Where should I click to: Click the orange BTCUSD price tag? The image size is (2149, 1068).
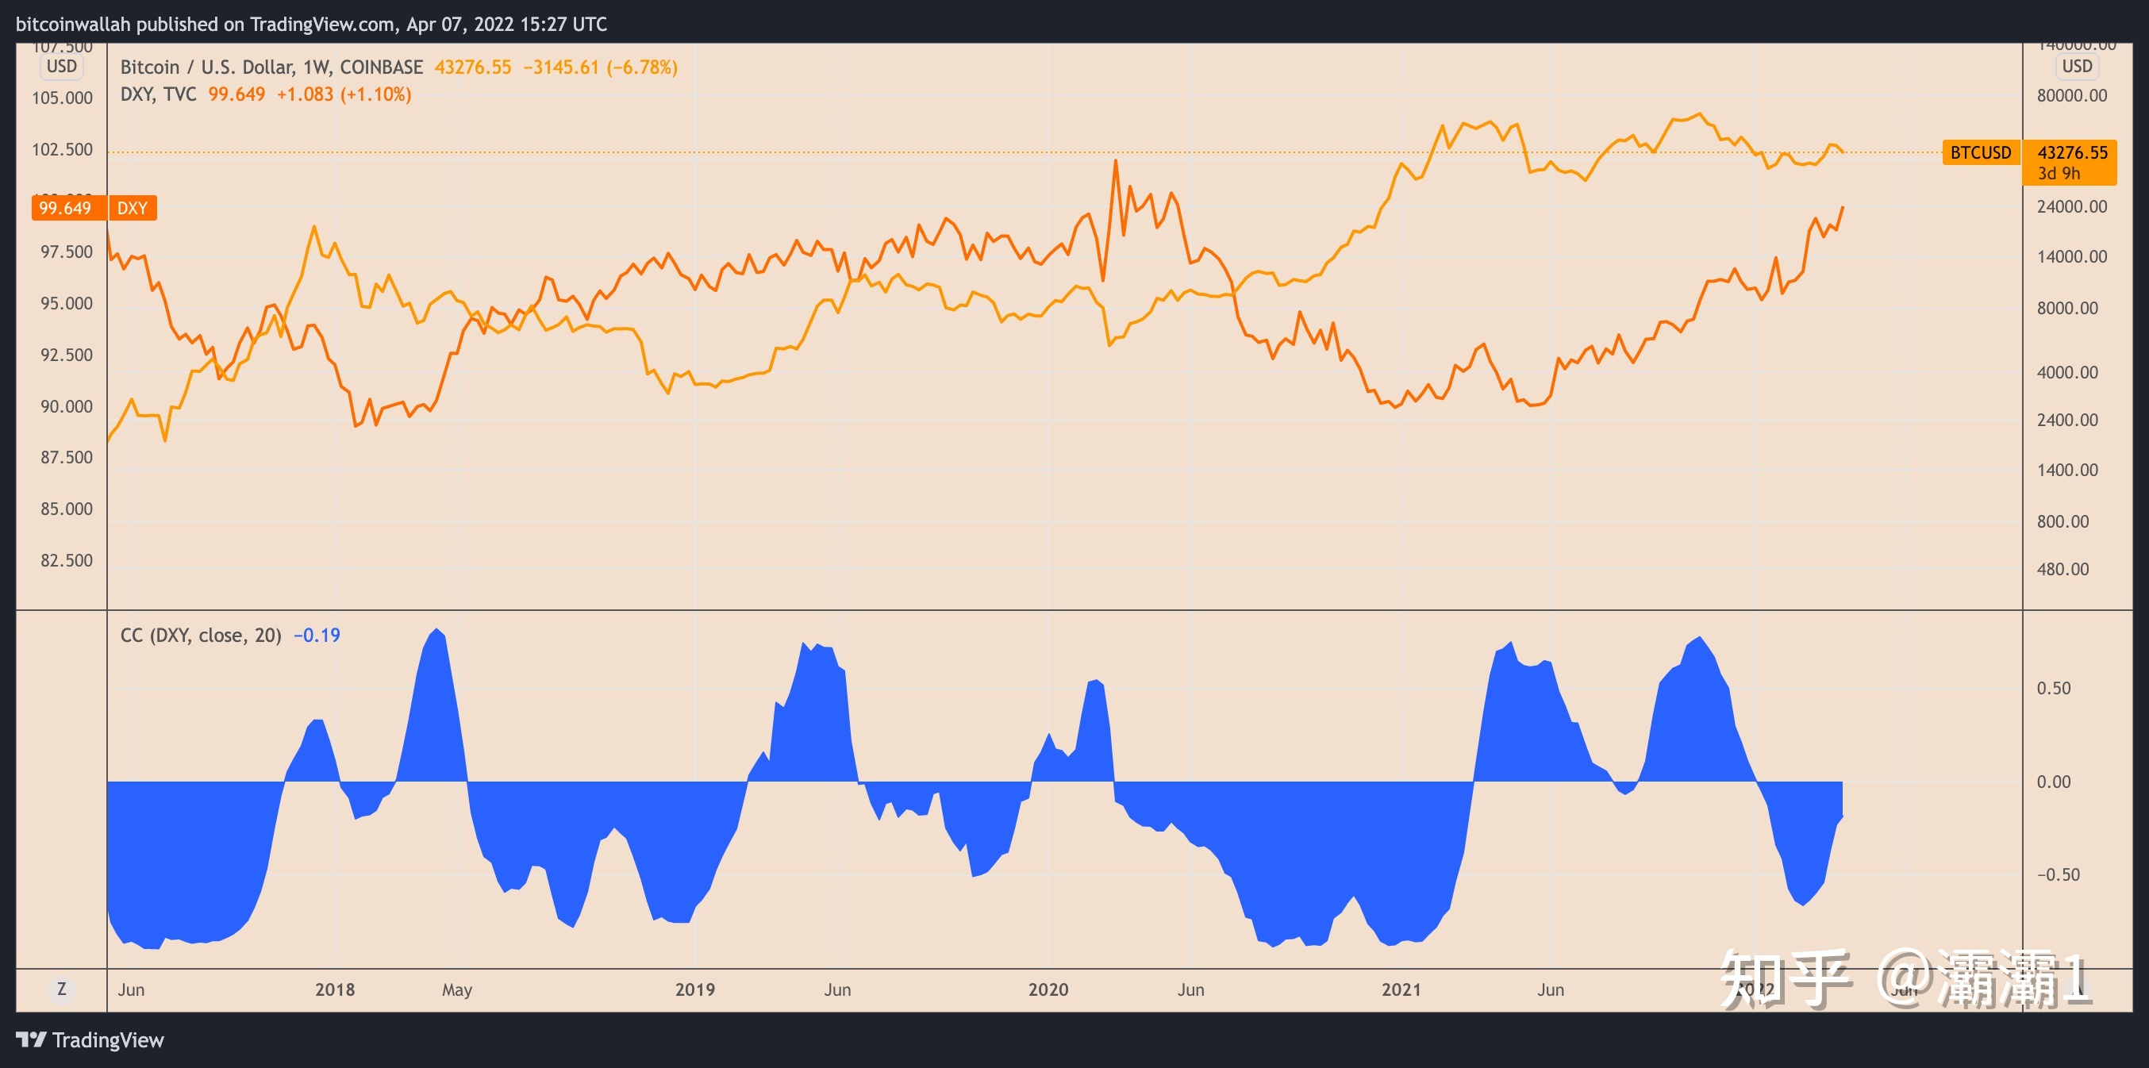point(1981,152)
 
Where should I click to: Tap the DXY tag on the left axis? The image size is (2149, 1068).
point(132,208)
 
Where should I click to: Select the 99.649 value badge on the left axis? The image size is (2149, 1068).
point(65,208)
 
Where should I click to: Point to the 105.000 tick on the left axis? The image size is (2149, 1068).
point(62,98)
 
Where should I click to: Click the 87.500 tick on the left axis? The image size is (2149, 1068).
point(67,457)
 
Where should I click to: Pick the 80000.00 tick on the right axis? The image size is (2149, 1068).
point(2071,96)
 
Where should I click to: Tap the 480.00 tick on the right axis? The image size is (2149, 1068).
point(2063,569)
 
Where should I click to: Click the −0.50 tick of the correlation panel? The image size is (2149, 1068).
point(2058,874)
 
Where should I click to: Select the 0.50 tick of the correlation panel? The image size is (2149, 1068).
point(2053,689)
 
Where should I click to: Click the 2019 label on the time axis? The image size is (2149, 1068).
point(694,989)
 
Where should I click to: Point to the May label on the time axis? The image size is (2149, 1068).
point(456,989)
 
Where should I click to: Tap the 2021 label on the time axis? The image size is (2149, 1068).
point(1401,989)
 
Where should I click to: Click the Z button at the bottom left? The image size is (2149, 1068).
point(61,989)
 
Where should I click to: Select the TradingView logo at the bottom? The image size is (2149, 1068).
point(90,1039)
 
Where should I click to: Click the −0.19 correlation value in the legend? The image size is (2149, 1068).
point(316,636)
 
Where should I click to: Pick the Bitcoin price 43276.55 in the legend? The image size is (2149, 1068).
point(472,67)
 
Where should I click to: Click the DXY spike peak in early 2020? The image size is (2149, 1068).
point(1114,161)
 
